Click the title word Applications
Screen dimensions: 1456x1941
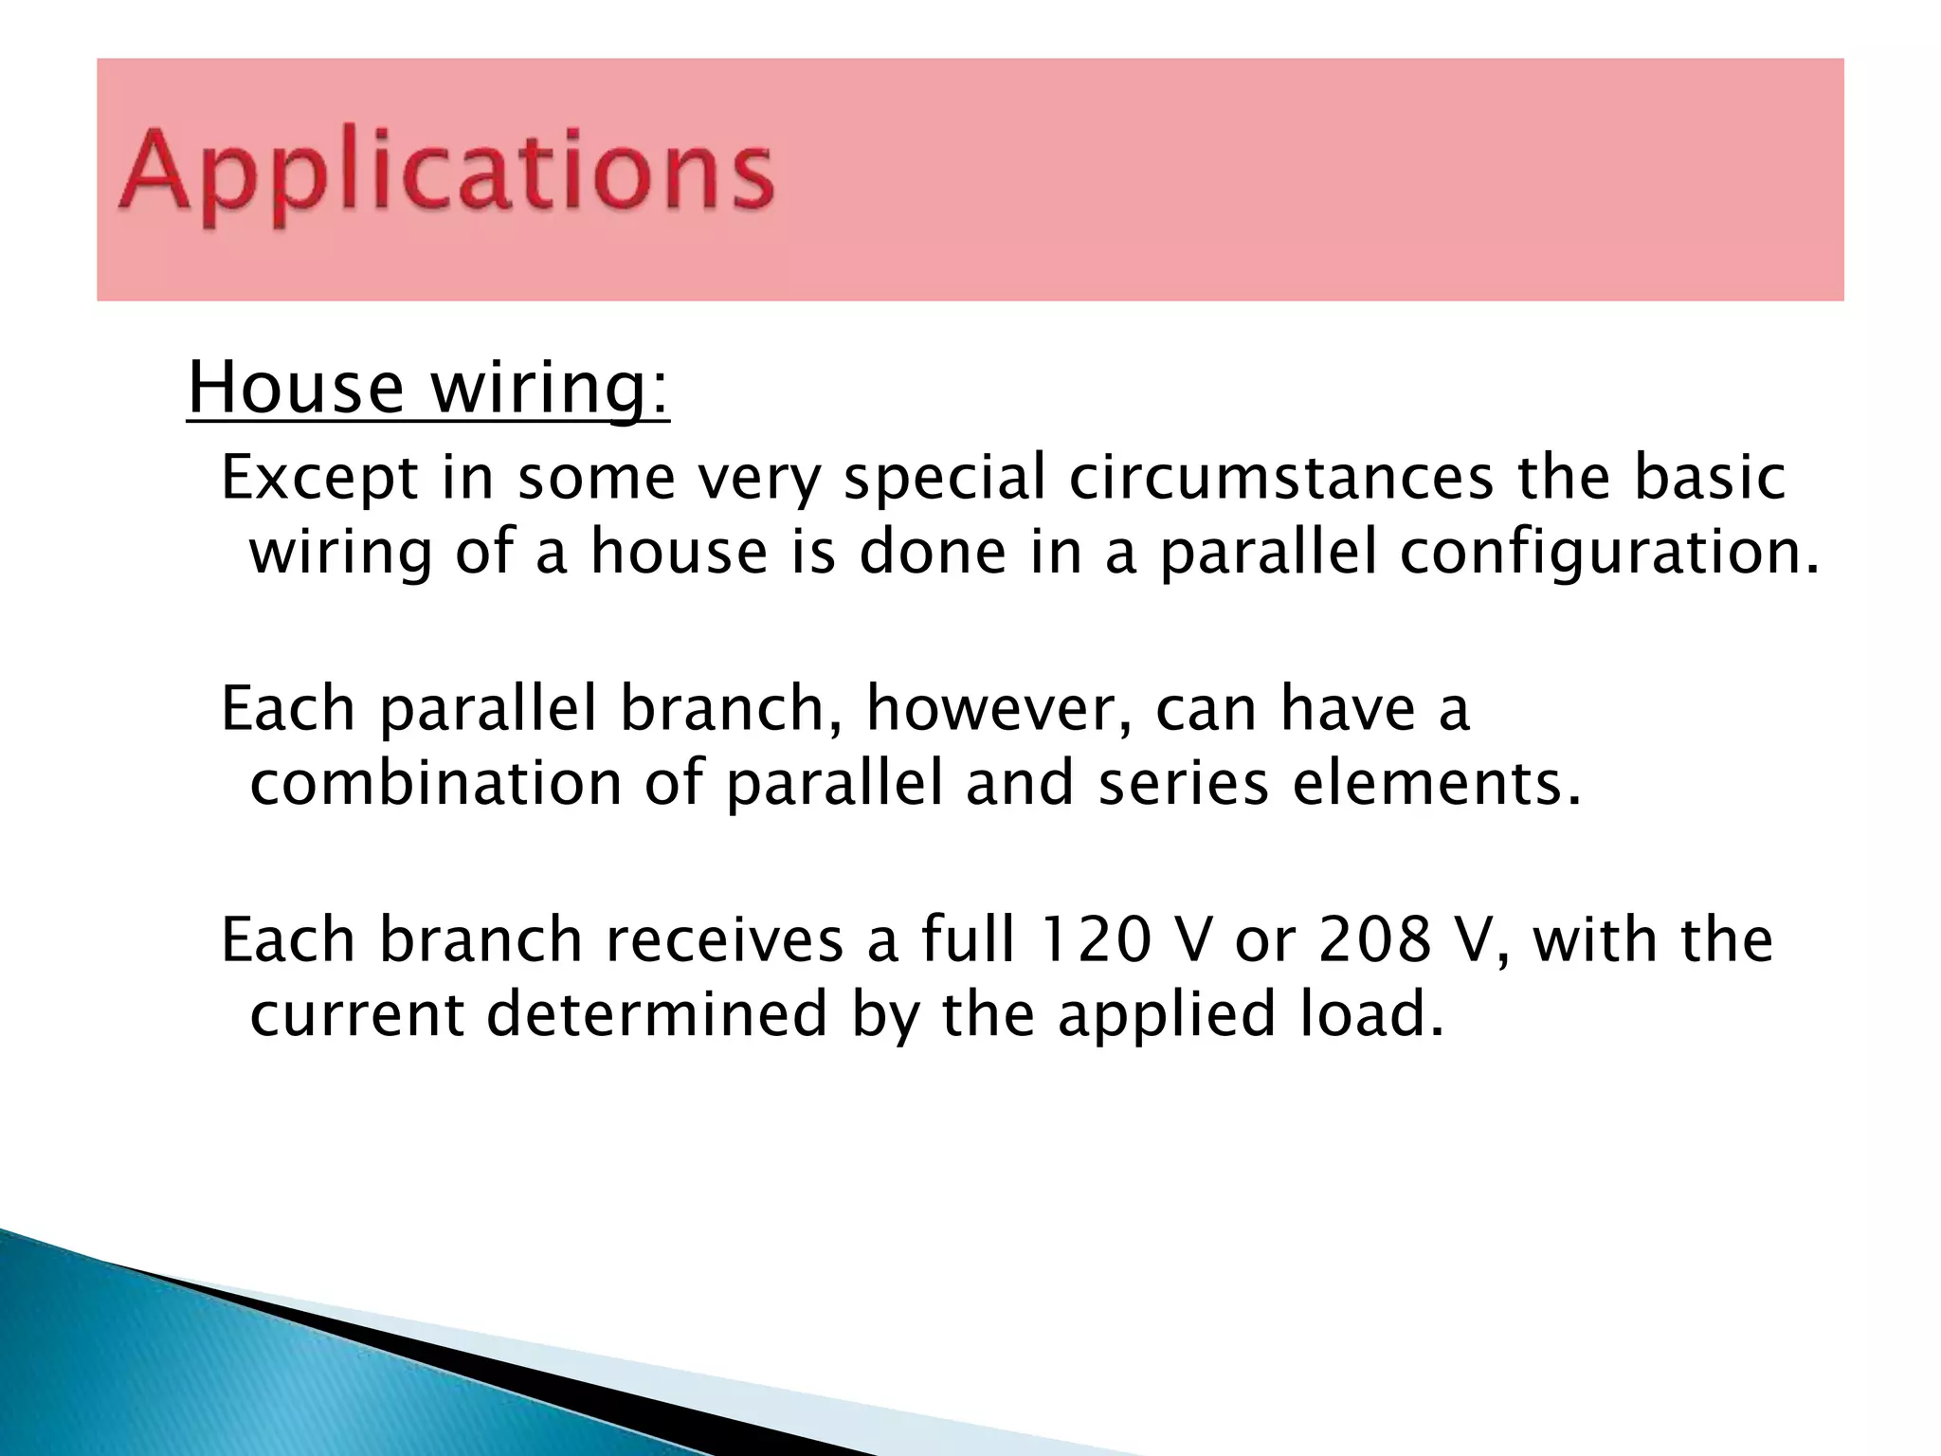(x=445, y=171)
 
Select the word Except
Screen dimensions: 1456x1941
(x=319, y=478)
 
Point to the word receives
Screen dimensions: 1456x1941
(x=724, y=940)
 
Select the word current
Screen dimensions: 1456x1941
(x=356, y=1014)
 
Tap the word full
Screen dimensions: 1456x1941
(x=969, y=940)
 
